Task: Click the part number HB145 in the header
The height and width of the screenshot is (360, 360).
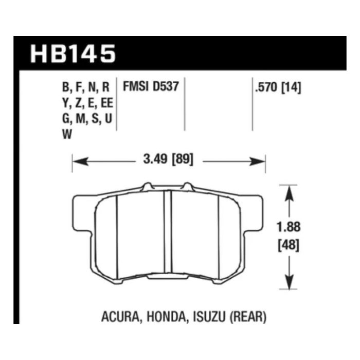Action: point(73,53)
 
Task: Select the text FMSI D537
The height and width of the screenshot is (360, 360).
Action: point(151,86)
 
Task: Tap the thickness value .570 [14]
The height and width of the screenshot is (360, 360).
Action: point(278,87)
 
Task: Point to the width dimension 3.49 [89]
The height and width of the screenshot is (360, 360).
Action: point(168,159)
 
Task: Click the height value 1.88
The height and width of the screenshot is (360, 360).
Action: point(289,227)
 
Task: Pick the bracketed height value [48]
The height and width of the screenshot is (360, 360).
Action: point(289,245)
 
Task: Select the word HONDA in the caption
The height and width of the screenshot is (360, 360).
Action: point(166,317)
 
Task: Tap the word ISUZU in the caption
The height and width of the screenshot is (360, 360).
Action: point(209,317)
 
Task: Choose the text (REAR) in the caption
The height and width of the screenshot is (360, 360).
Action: point(248,317)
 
